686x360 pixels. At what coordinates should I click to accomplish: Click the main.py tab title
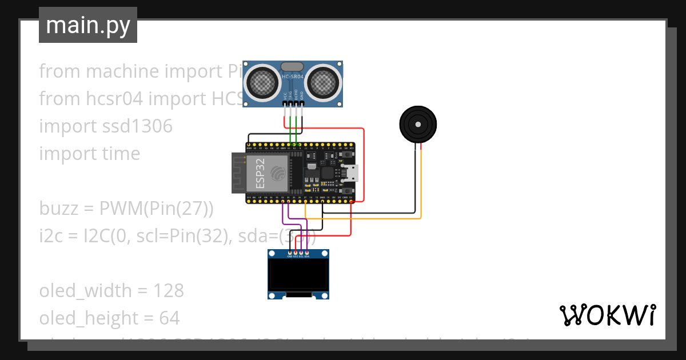(x=88, y=25)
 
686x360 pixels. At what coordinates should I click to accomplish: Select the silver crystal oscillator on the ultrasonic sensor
(x=293, y=66)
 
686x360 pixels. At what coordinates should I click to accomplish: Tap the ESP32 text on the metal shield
(x=260, y=173)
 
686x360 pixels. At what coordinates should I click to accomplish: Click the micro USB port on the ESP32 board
(x=353, y=173)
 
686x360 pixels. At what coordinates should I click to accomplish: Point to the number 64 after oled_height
(x=169, y=318)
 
